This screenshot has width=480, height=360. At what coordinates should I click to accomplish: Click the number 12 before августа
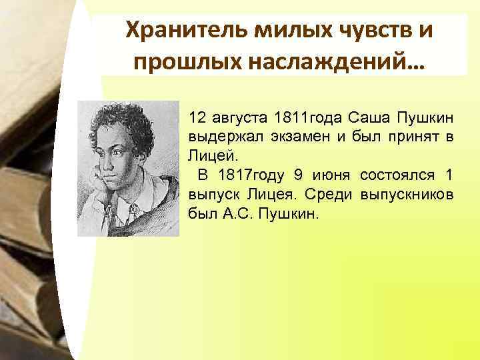pyautogui.click(x=197, y=118)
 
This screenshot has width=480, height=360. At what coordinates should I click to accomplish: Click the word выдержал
pyautogui.click(x=218, y=137)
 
